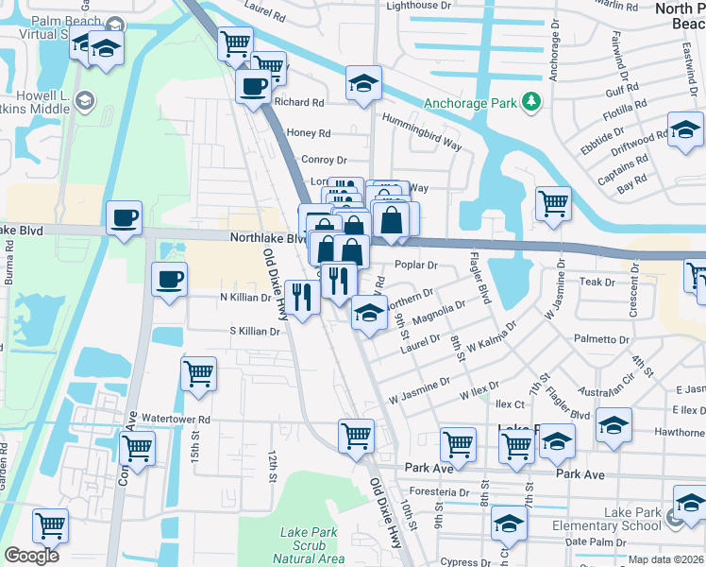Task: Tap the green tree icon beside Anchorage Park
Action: click(532, 101)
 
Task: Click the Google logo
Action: click(31, 556)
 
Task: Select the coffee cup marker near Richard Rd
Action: click(253, 88)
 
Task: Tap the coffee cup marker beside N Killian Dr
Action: click(170, 280)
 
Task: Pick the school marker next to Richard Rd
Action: click(363, 84)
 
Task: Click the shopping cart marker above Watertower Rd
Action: click(198, 373)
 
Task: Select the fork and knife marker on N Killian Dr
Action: click(301, 299)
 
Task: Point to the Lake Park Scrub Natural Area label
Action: click(310, 546)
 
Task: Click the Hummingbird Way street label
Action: click(421, 132)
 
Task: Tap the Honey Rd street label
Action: click(310, 134)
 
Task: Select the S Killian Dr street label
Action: click(255, 332)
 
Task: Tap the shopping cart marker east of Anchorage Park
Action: click(553, 202)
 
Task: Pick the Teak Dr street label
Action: click(597, 282)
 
